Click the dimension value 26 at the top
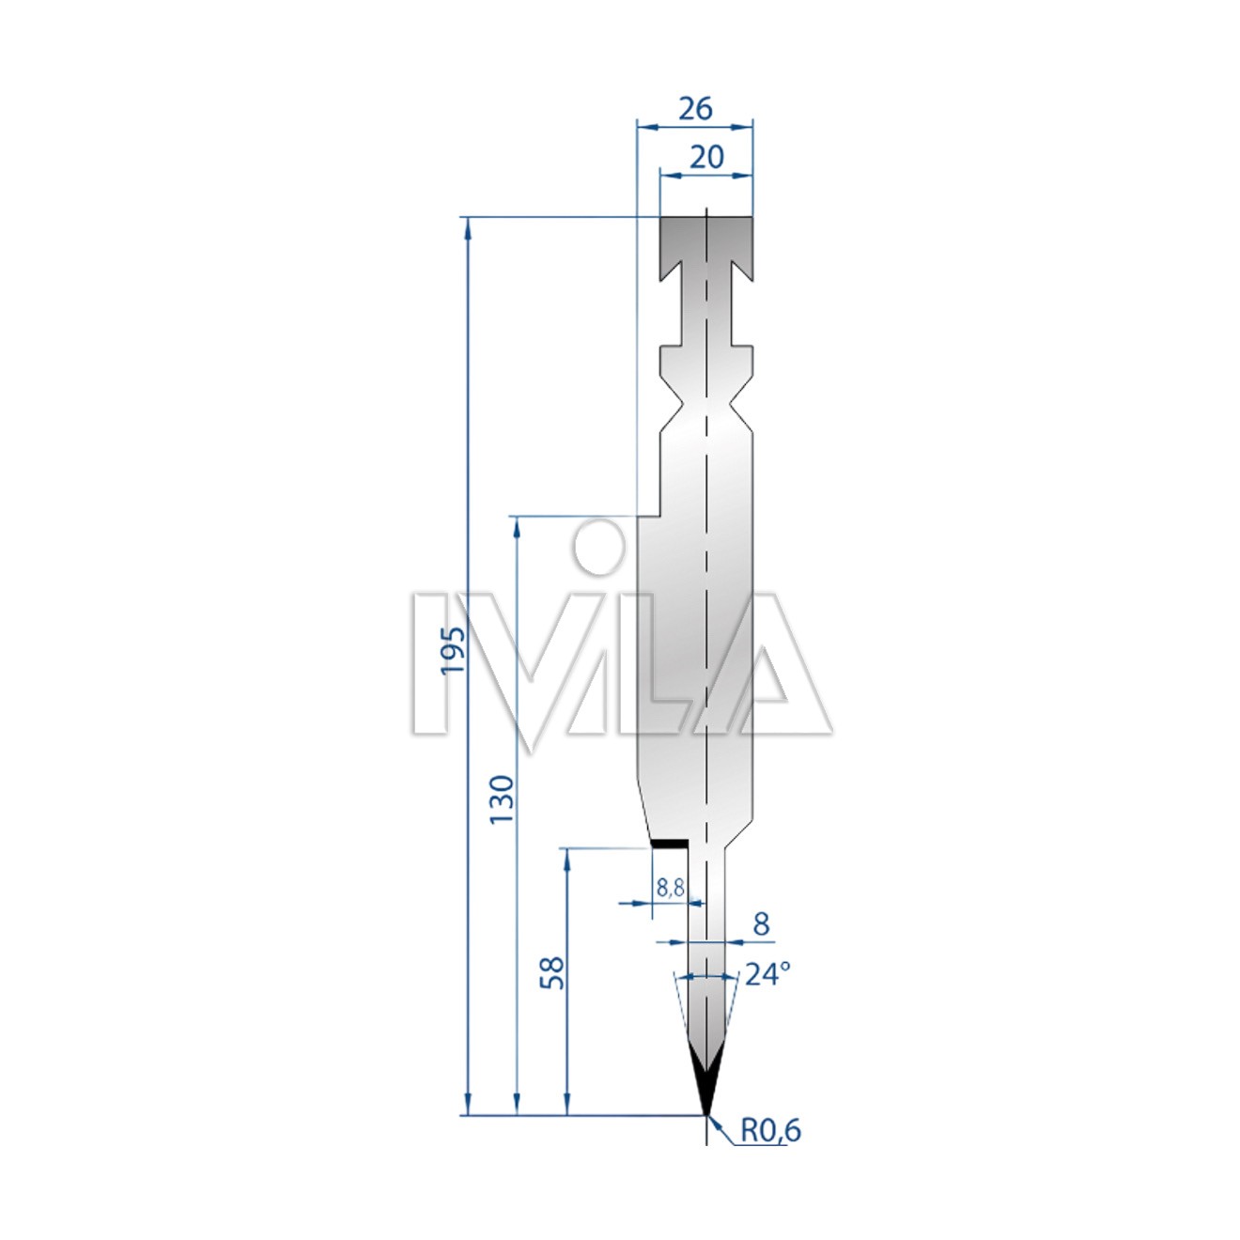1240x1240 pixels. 695,108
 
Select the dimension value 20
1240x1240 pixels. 706,157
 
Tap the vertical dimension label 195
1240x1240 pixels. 453,650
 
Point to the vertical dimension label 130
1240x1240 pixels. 502,799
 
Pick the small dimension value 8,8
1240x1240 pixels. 670,888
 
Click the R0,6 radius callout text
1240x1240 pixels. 771,1130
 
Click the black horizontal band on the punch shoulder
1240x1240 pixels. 669,843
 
